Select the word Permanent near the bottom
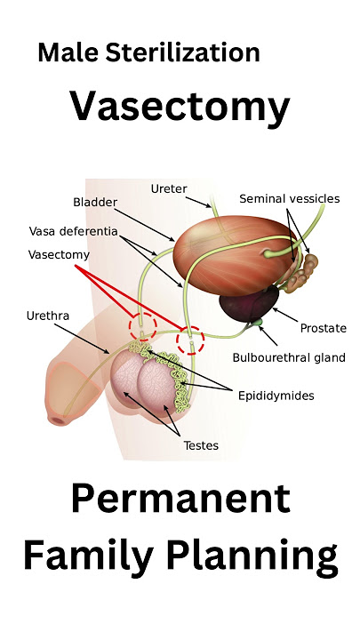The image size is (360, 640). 180,499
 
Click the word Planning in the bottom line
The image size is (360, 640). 252,556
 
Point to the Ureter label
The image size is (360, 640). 169,189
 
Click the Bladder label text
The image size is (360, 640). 95,202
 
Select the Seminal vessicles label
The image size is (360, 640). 290,199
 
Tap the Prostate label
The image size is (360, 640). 324,328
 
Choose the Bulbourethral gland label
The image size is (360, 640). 289,357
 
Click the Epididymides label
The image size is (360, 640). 276,396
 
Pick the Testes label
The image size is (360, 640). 201,445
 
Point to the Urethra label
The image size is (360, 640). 48,316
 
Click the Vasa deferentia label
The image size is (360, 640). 74,231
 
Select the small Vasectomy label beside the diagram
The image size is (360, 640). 59,255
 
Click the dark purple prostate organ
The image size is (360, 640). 249,303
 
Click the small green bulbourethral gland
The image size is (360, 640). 258,323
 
